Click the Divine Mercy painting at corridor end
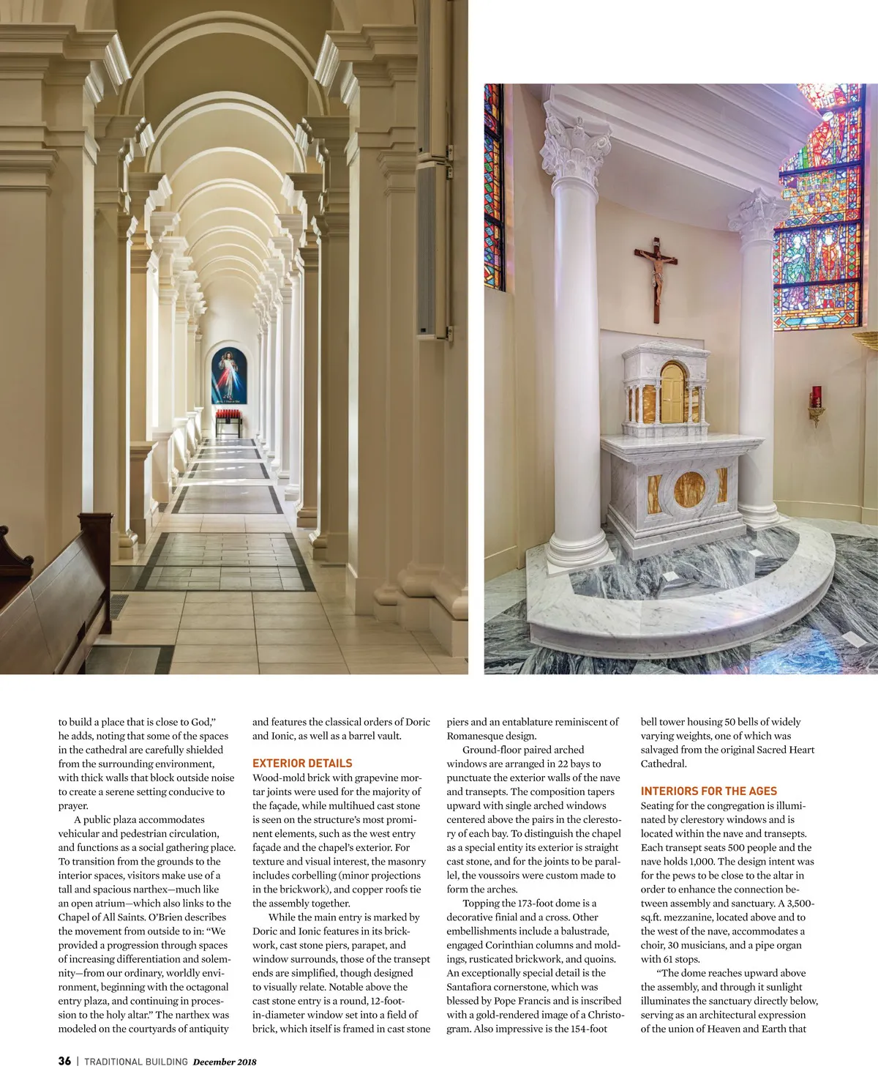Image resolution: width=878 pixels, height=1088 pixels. tap(229, 375)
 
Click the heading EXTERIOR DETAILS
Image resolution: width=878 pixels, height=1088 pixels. tap(302, 763)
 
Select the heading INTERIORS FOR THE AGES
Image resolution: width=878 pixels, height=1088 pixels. tap(708, 791)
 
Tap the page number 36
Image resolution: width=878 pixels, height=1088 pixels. tap(64, 1061)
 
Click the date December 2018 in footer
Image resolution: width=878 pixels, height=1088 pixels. tap(225, 1062)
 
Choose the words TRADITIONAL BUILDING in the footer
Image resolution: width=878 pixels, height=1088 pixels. tap(136, 1062)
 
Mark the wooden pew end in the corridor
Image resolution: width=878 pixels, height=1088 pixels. tap(51, 586)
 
